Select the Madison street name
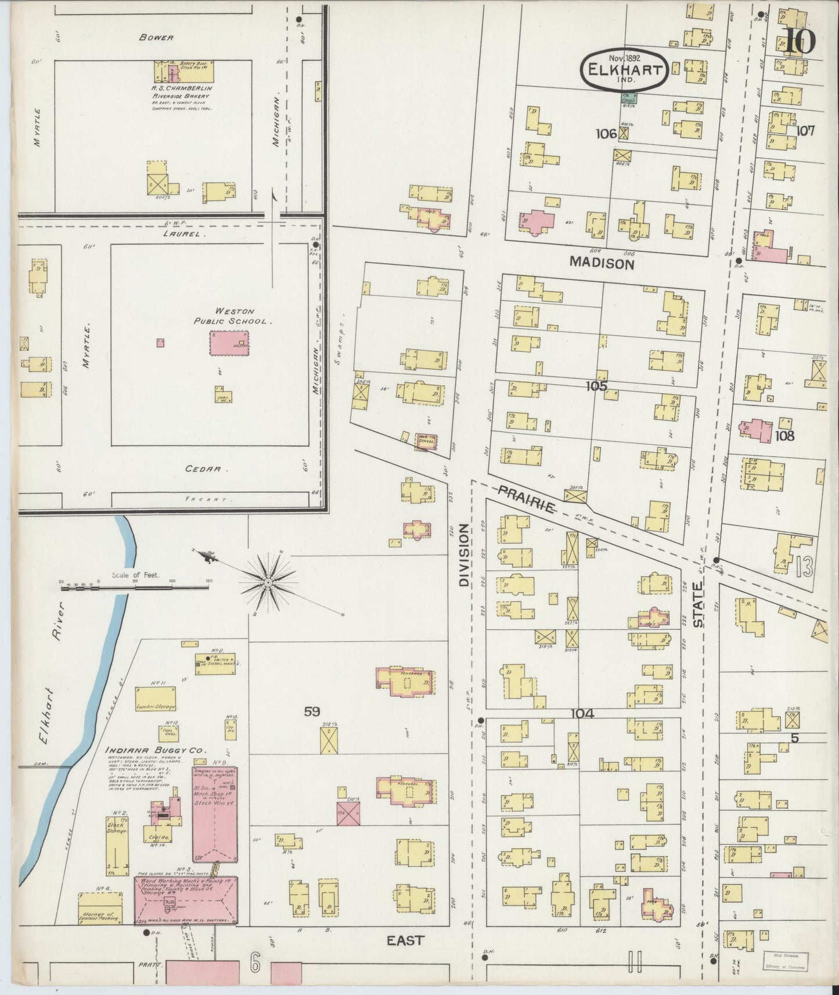(x=601, y=263)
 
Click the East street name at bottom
(x=405, y=940)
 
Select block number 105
(x=596, y=385)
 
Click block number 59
(x=313, y=711)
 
